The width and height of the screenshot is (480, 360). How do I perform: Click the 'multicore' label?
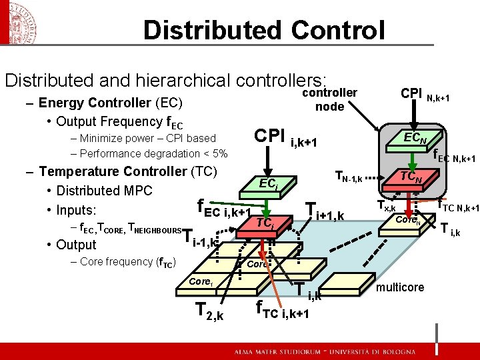pyautogui.click(x=400, y=287)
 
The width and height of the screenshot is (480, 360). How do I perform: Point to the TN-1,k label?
pyautogui.click(x=347, y=177)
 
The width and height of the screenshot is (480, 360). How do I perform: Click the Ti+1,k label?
pyautogui.click(x=324, y=211)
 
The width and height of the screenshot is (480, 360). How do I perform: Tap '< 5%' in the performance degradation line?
pyautogui.click(x=216, y=154)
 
